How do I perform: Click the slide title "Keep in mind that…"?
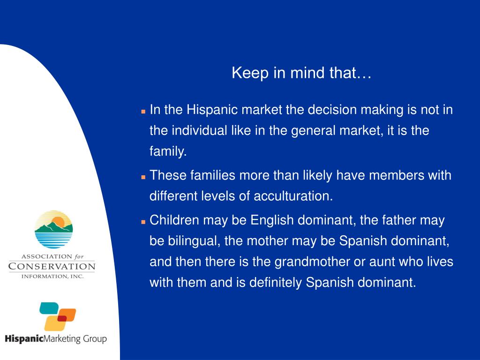[x=301, y=73]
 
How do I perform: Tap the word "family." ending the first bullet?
[x=168, y=151]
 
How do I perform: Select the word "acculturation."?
[x=293, y=196]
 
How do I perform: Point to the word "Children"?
[x=174, y=220]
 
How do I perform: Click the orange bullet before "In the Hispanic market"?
[x=143, y=112]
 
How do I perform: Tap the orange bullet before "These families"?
[x=143, y=177]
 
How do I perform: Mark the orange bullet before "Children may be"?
[x=143, y=222]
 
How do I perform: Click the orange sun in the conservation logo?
[x=58, y=222]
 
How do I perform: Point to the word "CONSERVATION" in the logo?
[x=52, y=266]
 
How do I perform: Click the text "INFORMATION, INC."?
[x=52, y=277]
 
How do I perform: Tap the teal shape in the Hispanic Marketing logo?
[x=49, y=308]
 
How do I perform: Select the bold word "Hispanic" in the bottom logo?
[x=24, y=339]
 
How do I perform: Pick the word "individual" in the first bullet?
[x=199, y=130]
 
